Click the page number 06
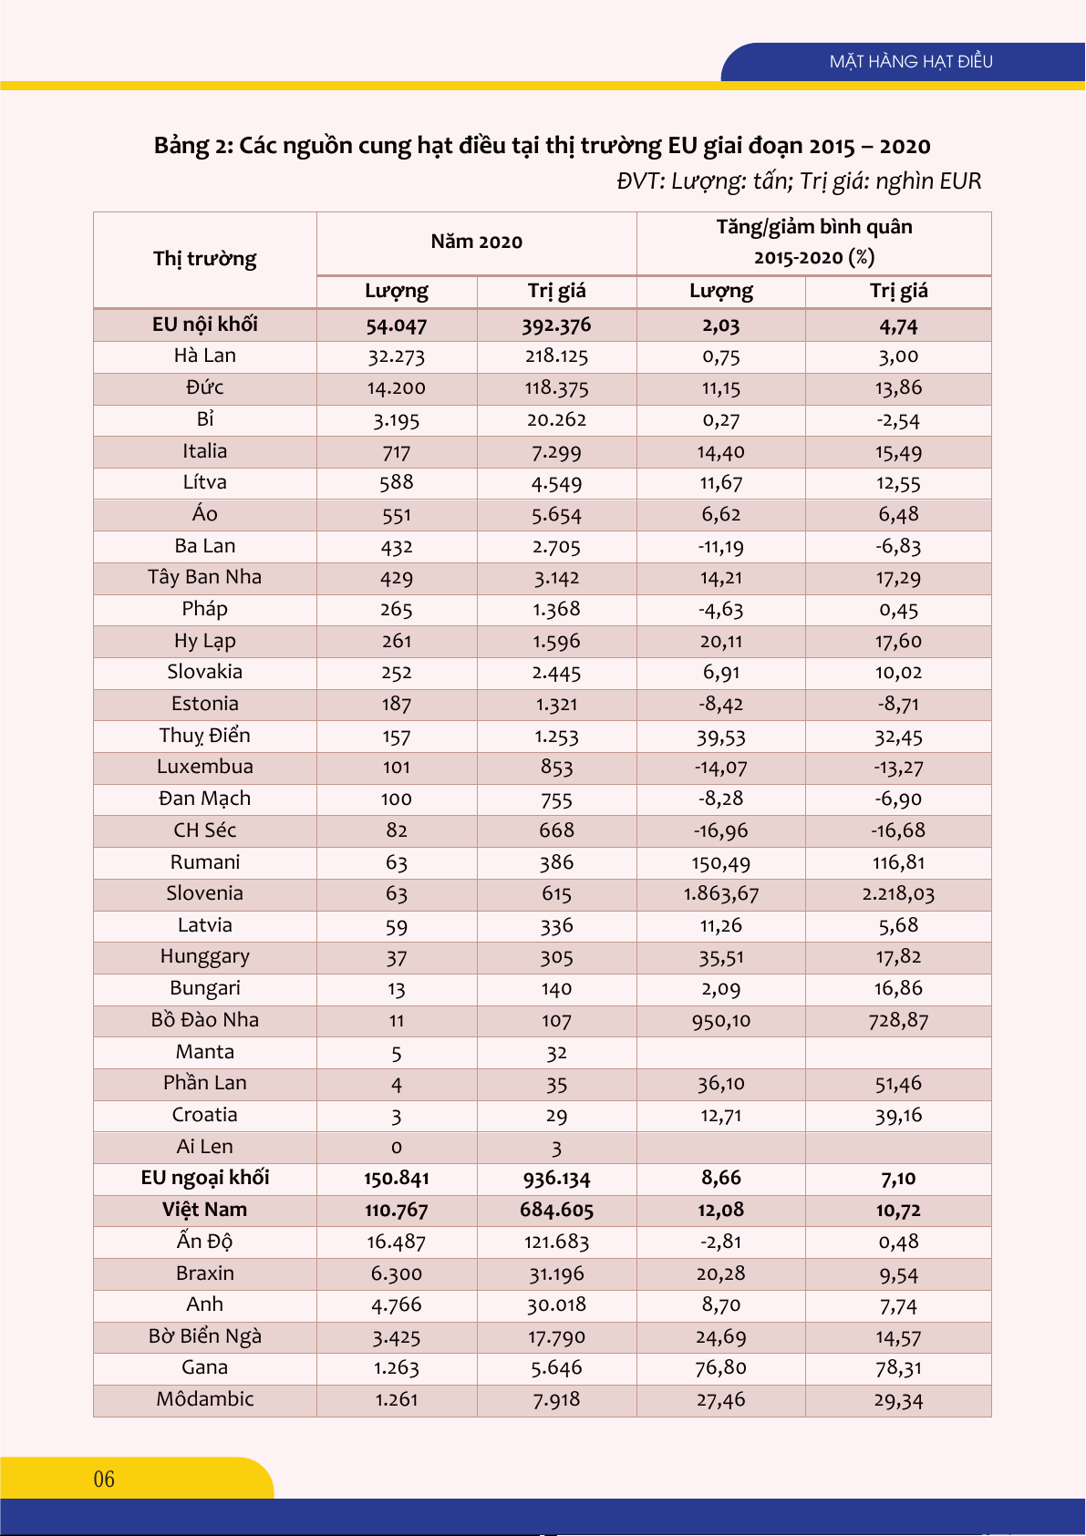click(x=104, y=1479)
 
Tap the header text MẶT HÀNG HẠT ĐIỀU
click(x=911, y=62)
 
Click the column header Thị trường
click(x=205, y=259)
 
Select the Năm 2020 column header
click(x=476, y=242)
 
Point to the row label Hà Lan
click(x=205, y=356)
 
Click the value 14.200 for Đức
click(x=397, y=388)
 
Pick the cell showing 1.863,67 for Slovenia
click(x=721, y=893)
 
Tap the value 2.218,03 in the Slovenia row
click(x=898, y=893)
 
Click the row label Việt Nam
click(x=205, y=1210)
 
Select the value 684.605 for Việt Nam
click(x=556, y=1211)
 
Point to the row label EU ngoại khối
click(x=205, y=1178)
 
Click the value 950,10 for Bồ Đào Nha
click(x=721, y=1021)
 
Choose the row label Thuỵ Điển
click(x=205, y=736)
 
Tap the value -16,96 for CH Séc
click(x=721, y=830)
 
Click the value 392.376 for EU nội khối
click(x=556, y=325)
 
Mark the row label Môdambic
click(x=205, y=1399)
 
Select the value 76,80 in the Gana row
click(x=721, y=1368)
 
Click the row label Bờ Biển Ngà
click(x=205, y=1336)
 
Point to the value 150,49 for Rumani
click(x=721, y=862)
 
